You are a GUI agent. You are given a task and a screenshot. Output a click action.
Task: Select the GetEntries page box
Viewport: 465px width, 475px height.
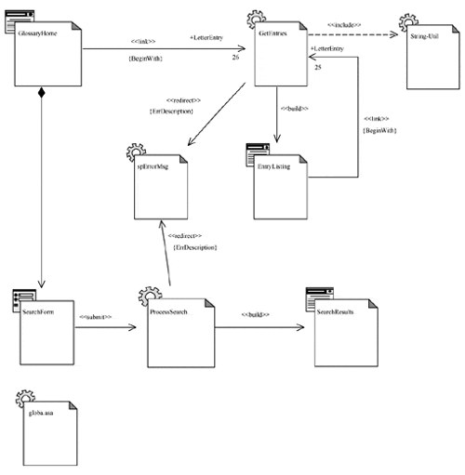click(278, 55)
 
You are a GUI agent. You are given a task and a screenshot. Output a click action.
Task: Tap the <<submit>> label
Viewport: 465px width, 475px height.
click(96, 317)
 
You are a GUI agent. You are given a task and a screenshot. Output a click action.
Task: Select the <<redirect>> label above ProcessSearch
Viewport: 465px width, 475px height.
click(183, 236)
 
